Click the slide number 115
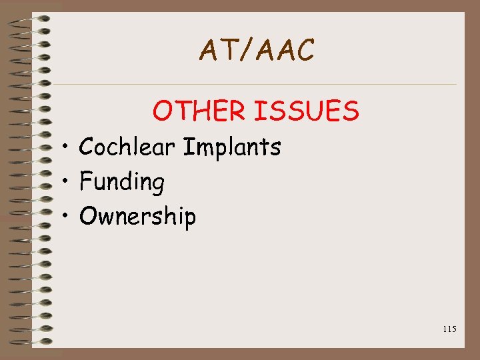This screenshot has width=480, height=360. point(449,329)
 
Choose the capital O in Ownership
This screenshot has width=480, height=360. point(88,216)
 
